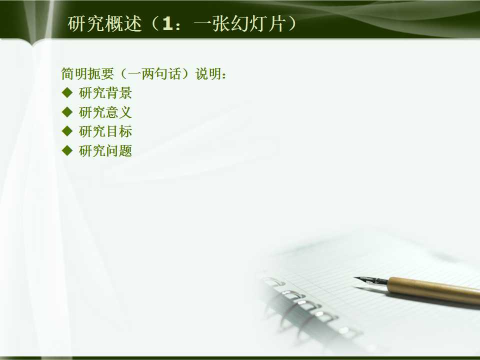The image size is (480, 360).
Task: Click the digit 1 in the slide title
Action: coord(167,24)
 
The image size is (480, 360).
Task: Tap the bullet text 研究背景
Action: coord(105,93)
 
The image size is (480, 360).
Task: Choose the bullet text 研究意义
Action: coord(105,112)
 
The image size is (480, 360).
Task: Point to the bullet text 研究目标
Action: coord(105,131)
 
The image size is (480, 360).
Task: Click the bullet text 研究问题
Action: coord(105,151)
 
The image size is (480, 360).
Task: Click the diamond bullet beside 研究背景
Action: coord(67,92)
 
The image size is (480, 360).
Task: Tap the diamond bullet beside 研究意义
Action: coord(67,112)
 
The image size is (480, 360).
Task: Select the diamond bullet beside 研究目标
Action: coord(67,131)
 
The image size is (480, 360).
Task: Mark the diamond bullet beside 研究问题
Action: coord(67,150)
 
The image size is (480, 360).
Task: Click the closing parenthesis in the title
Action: coord(290,24)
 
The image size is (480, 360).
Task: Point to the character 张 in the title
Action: coord(212,24)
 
